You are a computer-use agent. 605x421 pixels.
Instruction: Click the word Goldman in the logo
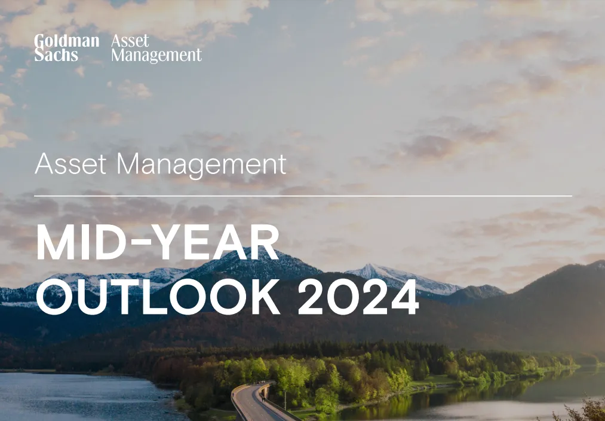tap(67, 41)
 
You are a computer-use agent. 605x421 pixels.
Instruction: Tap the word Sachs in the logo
tap(56, 55)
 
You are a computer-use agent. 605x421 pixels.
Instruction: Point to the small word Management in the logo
tap(156, 55)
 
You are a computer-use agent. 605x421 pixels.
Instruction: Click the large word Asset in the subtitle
tap(70, 164)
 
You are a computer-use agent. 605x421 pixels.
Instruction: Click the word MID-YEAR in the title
tap(158, 242)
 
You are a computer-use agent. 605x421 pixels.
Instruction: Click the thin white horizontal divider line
tap(303, 196)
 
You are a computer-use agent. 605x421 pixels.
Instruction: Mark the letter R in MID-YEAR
tap(264, 242)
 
